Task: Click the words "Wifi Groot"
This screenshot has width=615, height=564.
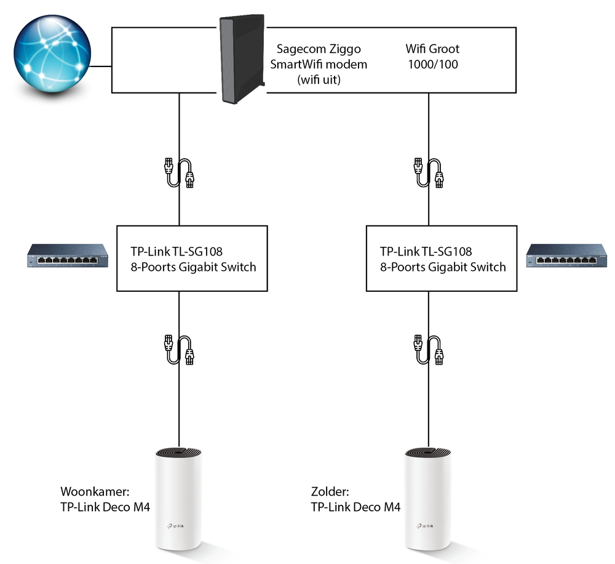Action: point(432,49)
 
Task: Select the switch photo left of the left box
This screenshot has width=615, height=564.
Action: point(64,255)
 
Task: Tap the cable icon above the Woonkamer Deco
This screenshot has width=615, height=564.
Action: point(179,350)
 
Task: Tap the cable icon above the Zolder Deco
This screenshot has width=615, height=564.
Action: point(429,350)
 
